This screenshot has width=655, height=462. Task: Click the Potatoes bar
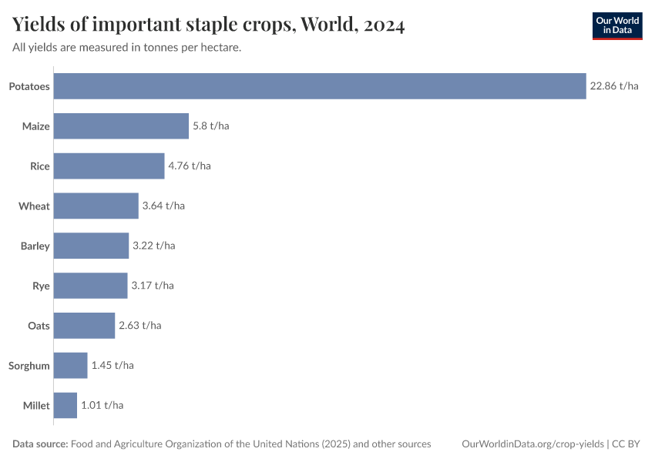click(320, 86)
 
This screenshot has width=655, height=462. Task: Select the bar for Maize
click(121, 126)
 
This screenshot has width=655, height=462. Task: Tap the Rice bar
click(109, 166)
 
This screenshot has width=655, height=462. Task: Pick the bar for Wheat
click(96, 206)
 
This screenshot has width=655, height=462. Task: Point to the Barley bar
click(91, 246)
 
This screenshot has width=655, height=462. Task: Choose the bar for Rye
click(90, 286)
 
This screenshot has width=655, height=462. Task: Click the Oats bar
click(84, 326)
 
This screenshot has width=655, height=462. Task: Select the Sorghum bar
click(70, 366)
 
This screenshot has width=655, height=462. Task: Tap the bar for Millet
click(65, 406)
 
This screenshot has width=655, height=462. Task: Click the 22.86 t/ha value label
click(614, 86)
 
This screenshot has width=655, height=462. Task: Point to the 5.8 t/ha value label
click(210, 126)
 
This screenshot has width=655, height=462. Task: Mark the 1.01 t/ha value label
click(102, 406)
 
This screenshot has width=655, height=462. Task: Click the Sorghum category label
click(29, 366)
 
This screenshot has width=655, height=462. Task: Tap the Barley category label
click(35, 246)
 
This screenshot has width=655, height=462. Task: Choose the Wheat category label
click(35, 206)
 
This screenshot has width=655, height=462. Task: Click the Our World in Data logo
click(617, 25)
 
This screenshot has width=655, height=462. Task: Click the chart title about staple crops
click(209, 25)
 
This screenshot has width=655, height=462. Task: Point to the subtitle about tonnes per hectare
click(127, 48)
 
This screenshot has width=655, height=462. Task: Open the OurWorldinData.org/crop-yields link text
click(532, 444)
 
